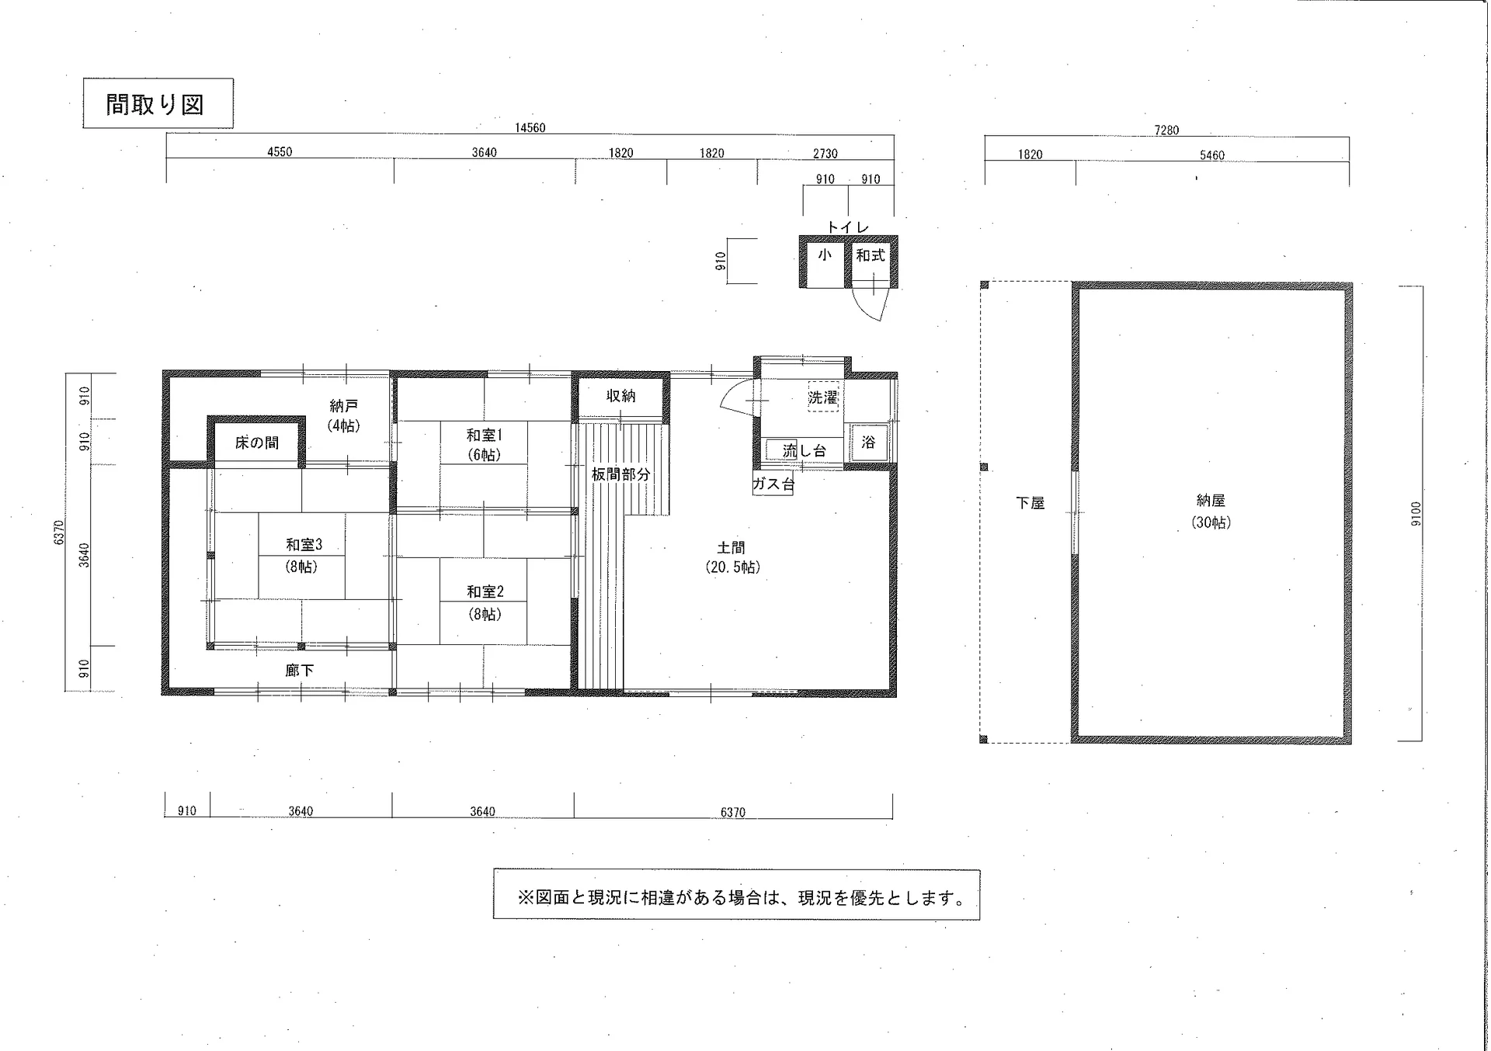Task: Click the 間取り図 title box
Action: [158, 103]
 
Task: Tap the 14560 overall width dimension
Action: [530, 128]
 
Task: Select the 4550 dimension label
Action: [280, 152]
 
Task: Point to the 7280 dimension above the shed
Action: [1166, 130]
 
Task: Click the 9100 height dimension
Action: [1416, 514]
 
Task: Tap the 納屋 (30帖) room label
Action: [1211, 512]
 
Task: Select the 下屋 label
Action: [1030, 503]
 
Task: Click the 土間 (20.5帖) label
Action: [732, 557]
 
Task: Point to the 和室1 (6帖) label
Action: [484, 445]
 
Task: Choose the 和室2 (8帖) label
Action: [485, 602]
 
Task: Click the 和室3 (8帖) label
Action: [304, 555]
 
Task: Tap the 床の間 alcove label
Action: [257, 442]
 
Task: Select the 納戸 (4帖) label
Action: [343, 415]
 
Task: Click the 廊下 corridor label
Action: [300, 670]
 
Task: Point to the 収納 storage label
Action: [621, 396]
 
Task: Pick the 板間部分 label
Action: [620, 474]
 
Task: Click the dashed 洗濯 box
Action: [823, 397]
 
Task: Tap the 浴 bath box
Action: [868, 442]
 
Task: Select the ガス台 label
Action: [773, 484]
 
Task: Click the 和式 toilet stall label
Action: [871, 255]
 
